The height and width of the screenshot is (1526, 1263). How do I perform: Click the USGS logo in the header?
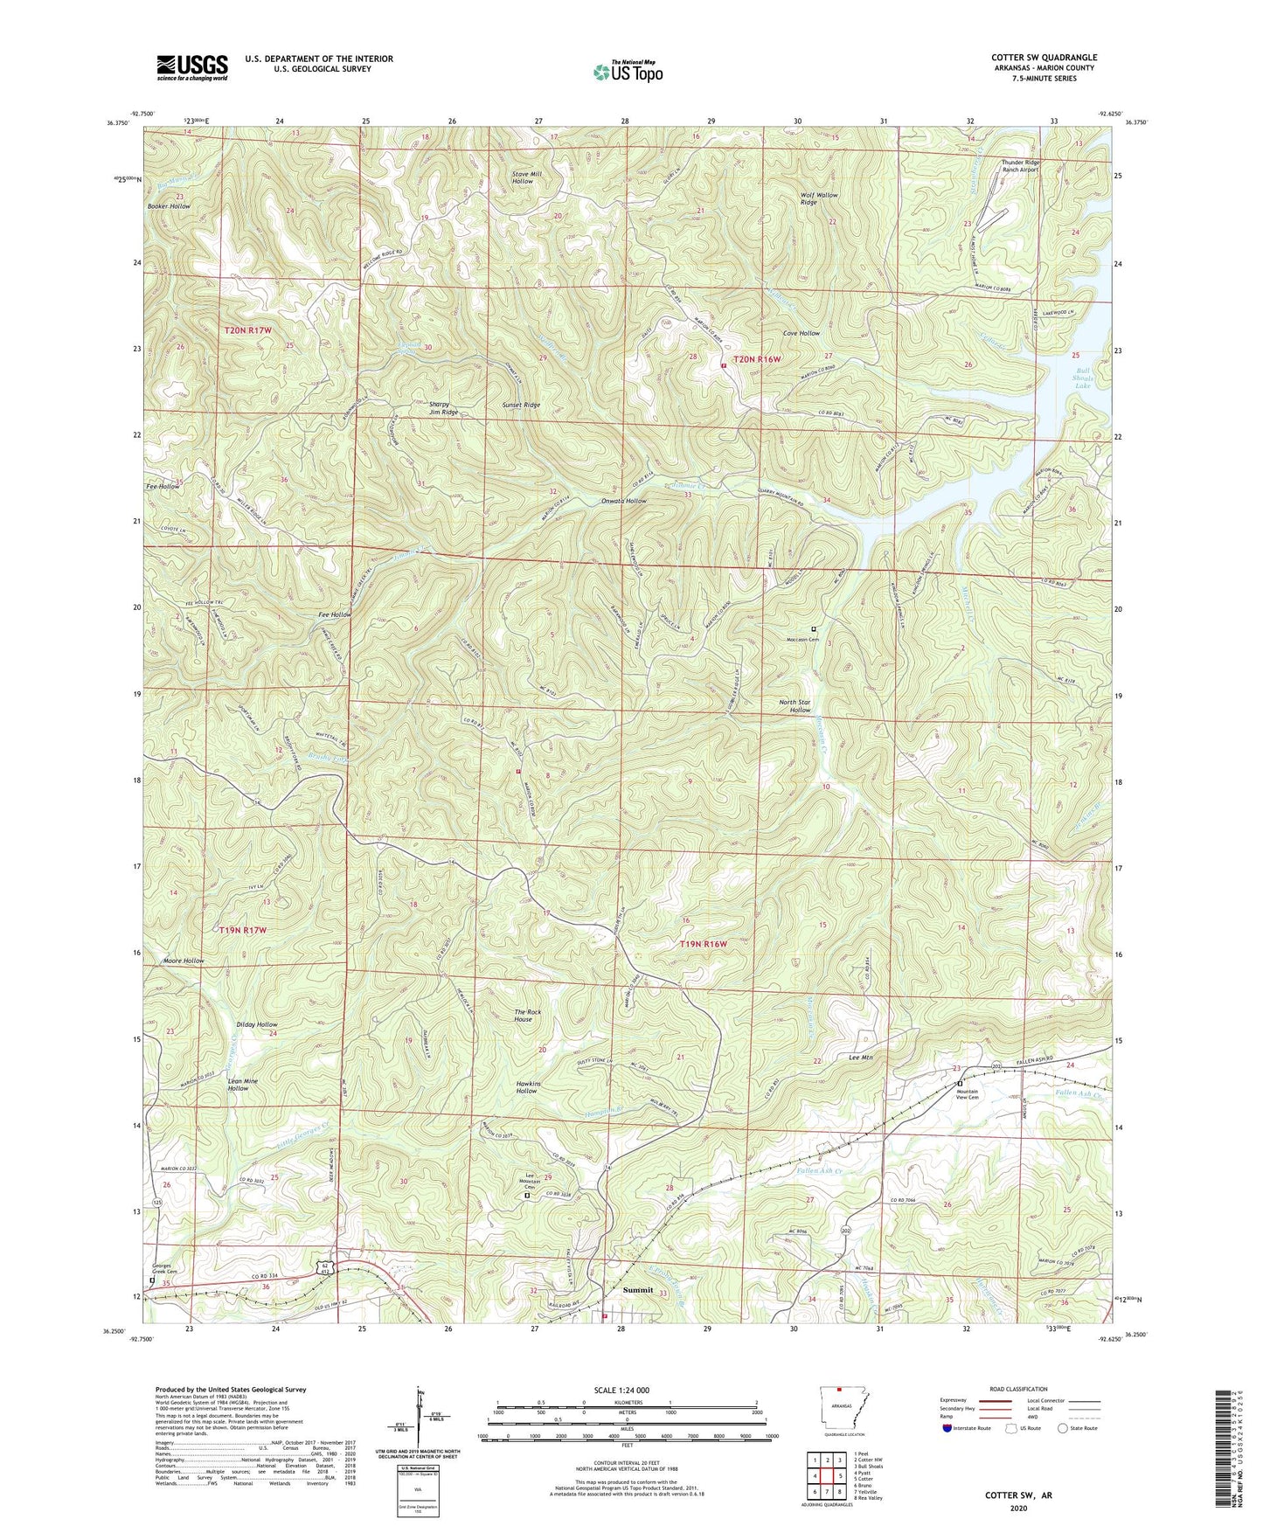click(x=192, y=67)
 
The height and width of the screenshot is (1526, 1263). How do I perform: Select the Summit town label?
click(x=638, y=1290)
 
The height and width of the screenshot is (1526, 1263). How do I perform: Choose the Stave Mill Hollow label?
click(x=527, y=177)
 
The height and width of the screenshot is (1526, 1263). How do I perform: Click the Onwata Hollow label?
click(x=624, y=501)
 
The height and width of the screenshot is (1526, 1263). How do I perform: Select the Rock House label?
click(x=528, y=1016)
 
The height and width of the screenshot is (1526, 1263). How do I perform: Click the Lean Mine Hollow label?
click(x=244, y=1085)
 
